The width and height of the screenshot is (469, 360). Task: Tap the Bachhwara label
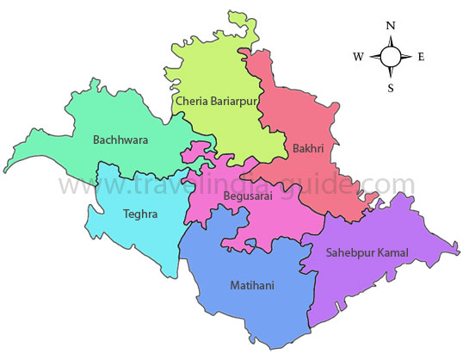point(120,138)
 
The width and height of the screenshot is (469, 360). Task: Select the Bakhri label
point(307,148)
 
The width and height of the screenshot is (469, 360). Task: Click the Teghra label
point(140,214)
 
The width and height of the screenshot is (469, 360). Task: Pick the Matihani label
point(252,284)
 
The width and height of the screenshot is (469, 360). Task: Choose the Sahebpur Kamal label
point(367,252)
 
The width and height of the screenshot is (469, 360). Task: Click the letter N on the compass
point(390,26)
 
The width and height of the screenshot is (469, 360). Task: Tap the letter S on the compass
point(390,87)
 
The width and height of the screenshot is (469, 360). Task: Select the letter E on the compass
point(421,57)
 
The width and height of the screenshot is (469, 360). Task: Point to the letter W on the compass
point(358,57)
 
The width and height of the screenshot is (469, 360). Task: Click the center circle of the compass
point(390,57)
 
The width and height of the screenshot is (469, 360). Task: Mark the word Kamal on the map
point(392,252)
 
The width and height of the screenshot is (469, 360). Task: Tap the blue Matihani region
point(250,310)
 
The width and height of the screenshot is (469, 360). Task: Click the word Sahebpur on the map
point(349,252)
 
